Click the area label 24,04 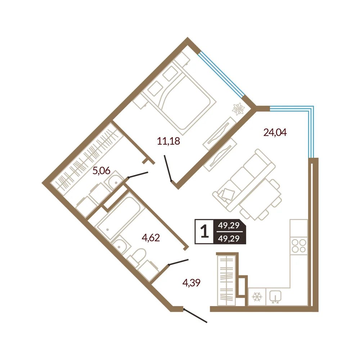tap(275, 132)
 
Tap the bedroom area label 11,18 tap(168, 141)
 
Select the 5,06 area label tap(101, 171)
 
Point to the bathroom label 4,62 tap(150, 238)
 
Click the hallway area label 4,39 tap(191, 283)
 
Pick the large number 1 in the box tap(204, 231)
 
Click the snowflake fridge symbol tap(257, 297)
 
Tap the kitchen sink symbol tap(275, 297)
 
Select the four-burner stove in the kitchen tap(298, 246)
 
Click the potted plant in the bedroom tap(238, 109)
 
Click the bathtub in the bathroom tap(121, 218)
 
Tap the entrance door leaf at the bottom tap(195, 316)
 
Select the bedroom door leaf tap(168, 168)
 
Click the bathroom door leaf tap(179, 262)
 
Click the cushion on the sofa tap(227, 194)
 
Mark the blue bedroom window tap(221, 75)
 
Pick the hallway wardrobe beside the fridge tap(226, 280)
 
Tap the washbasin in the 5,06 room tap(114, 180)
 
